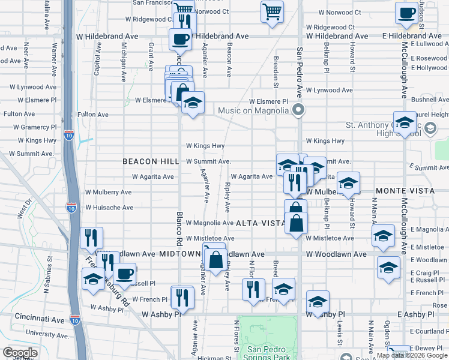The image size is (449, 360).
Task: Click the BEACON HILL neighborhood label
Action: [x=151, y=161]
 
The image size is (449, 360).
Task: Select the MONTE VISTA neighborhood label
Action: [x=400, y=190]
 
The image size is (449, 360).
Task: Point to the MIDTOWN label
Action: [x=179, y=254]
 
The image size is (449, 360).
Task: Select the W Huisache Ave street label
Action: [x=109, y=208]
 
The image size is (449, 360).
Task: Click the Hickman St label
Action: [x=214, y=358]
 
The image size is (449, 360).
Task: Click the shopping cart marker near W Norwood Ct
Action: [x=272, y=11]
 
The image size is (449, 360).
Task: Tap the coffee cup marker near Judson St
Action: [x=406, y=13]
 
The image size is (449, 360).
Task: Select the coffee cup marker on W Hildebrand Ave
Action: [x=180, y=40]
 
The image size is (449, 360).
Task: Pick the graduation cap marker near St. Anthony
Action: [x=405, y=122]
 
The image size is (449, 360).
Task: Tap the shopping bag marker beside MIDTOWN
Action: [x=215, y=260]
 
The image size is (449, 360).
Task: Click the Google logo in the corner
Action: [x=20, y=353]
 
